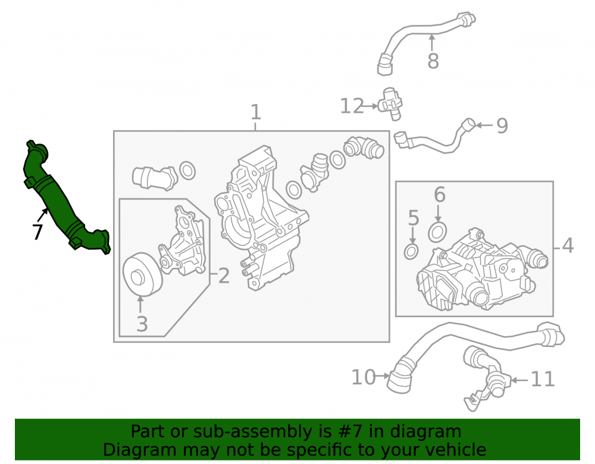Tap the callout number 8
point(433,61)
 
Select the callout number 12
point(352,106)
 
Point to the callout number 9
point(502,126)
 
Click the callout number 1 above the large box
point(256,112)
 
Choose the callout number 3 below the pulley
point(142,324)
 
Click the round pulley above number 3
point(142,274)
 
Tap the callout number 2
point(224,276)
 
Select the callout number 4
point(568,245)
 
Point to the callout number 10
point(363,377)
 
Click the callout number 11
point(543,379)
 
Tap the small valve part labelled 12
point(391,103)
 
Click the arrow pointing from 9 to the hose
point(484,125)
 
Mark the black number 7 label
point(37,232)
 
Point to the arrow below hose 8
point(432,42)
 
